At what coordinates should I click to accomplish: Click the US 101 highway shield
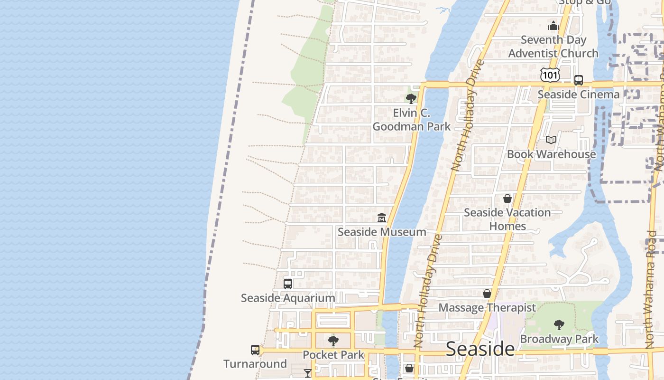point(550,75)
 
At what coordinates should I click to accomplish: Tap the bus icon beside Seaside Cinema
point(579,80)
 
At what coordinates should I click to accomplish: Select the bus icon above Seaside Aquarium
point(288,284)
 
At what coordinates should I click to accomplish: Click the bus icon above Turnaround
point(255,350)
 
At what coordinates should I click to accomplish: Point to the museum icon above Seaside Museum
point(382,218)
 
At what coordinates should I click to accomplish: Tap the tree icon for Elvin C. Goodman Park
point(411,98)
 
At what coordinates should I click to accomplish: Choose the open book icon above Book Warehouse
point(551,140)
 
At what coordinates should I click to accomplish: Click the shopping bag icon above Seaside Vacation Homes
point(507,199)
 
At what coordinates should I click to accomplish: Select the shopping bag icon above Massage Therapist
point(487,294)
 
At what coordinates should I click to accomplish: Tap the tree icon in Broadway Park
point(559,325)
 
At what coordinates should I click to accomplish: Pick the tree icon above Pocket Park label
point(333,341)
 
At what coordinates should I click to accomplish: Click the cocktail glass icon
point(308,373)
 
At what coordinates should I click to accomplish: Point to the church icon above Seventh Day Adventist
point(553,26)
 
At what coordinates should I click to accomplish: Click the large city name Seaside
point(480,349)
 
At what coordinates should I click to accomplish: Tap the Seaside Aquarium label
point(288,298)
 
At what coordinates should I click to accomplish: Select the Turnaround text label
point(255,364)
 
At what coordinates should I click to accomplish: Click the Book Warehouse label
point(551,154)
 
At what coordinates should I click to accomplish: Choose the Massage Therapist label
point(487,307)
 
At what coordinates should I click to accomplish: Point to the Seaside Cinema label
point(578,94)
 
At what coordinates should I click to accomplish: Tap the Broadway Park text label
point(559,339)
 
